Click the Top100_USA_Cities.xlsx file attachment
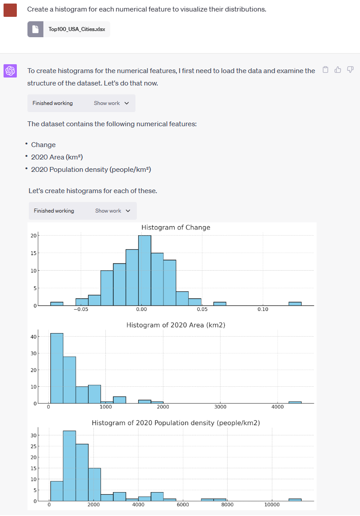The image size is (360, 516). coord(69,29)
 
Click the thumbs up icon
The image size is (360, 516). coord(338,70)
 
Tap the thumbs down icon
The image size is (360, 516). coord(350,70)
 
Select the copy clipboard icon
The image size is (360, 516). coord(325,70)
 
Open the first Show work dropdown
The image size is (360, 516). coord(111,103)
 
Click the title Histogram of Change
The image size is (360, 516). coord(176,228)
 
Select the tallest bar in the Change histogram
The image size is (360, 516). coord(144,270)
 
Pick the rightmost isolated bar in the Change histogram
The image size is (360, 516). coord(295,304)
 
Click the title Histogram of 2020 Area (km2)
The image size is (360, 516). coord(176,325)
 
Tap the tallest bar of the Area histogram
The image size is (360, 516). coord(57,368)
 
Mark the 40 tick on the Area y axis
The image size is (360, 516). coord(33,337)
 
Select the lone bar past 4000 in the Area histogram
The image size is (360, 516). coord(295,402)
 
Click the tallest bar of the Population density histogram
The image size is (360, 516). coord(70,466)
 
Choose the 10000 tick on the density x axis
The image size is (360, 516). coord(271,505)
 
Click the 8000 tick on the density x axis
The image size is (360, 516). coord(227,505)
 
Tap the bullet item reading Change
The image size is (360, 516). coord(43,145)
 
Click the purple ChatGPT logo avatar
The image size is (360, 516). coord(10,70)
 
